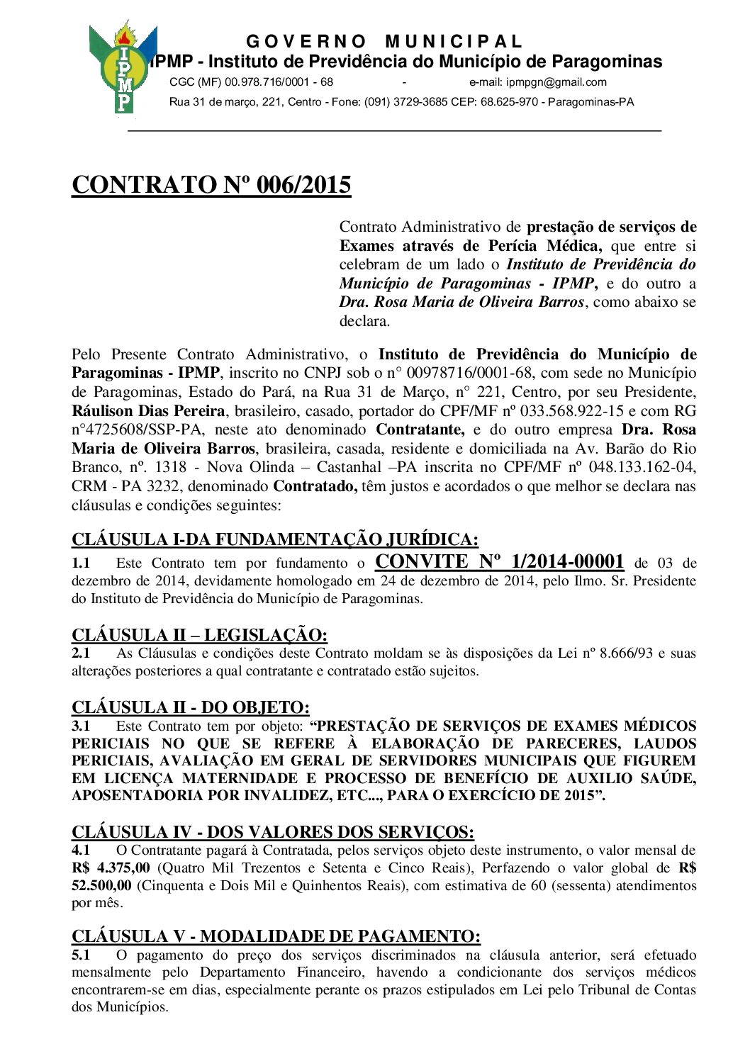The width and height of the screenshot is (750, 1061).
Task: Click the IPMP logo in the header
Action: pos(123,69)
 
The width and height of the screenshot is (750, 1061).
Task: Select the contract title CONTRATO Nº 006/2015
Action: pos(211,185)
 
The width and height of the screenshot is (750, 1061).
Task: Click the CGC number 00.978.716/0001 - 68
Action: pos(279,82)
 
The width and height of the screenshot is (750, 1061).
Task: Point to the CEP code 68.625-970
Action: pos(509,102)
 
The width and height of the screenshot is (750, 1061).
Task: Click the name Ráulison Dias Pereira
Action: pos(148,411)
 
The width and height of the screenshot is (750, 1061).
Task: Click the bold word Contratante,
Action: pos(420,430)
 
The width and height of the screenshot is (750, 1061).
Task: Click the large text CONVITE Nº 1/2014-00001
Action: pos(499,562)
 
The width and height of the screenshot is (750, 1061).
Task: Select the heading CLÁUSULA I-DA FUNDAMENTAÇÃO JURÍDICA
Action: pos(275,540)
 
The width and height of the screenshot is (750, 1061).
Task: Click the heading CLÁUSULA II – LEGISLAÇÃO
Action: pos(199,635)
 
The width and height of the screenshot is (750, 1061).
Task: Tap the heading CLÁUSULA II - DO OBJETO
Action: pos(191,707)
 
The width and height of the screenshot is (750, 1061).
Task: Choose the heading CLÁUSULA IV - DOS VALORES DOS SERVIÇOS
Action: pos(273,832)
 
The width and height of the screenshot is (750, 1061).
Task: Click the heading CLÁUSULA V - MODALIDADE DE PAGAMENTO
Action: pos(276,937)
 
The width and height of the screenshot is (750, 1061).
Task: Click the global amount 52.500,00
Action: pos(101,886)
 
